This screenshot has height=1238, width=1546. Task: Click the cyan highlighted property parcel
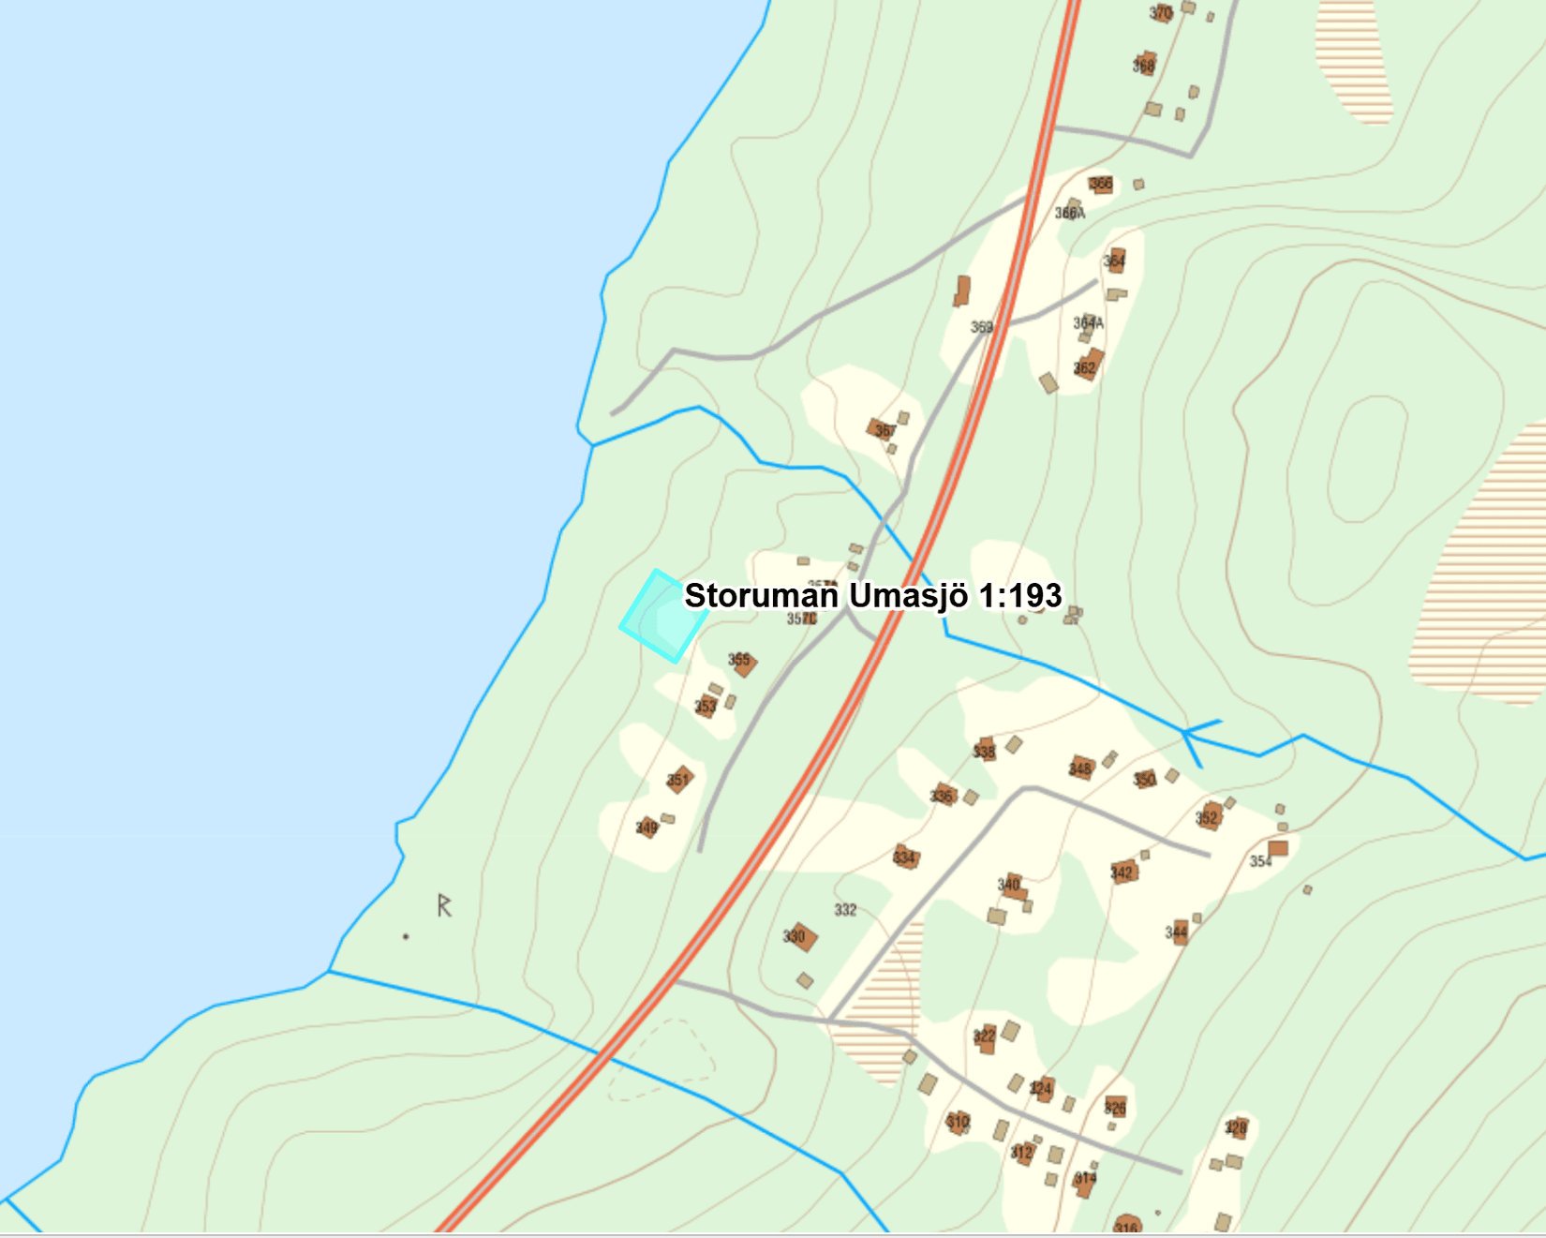point(662,616)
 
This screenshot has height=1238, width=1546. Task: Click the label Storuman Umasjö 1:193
point(872,595)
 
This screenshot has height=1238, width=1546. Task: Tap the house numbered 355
point(743,663)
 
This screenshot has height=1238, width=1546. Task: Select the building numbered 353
point(707,705)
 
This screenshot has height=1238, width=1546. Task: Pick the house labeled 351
point(680,779)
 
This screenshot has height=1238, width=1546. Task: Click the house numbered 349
point(647,827)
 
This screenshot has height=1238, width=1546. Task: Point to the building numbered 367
point(883,430)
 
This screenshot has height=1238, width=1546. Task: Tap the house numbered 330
point(799,936)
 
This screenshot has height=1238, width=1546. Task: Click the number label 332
point(845,910)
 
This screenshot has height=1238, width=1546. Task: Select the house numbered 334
point(905,857)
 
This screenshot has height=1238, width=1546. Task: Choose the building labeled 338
point(985,750)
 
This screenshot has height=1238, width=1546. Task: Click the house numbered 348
point(1082,768)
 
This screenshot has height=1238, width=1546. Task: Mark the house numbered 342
point(1123,873)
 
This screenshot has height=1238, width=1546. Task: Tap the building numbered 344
point(1179,932)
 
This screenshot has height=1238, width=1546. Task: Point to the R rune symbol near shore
point(444,905)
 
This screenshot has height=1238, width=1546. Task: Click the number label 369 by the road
point(981,327)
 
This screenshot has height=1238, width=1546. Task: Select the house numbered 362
point(1088,365)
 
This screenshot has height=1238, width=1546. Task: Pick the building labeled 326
point(1115,1107)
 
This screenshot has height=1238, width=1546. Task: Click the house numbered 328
point(1237,1126)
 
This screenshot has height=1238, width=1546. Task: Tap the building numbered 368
point(1145,64)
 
